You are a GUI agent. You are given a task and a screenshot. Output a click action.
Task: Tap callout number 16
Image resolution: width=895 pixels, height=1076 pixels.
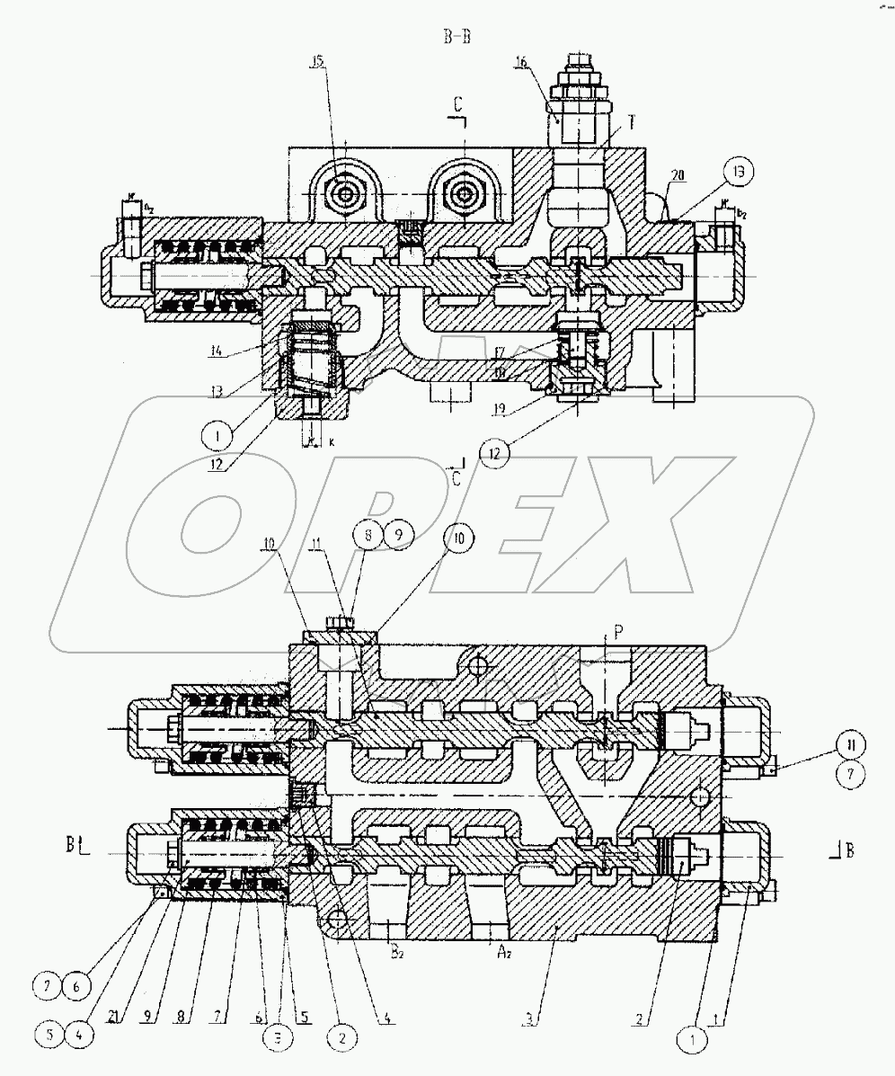click(x=546, y=62)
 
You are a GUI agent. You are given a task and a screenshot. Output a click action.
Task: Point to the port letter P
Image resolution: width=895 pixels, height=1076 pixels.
click(x=607, y=633)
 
